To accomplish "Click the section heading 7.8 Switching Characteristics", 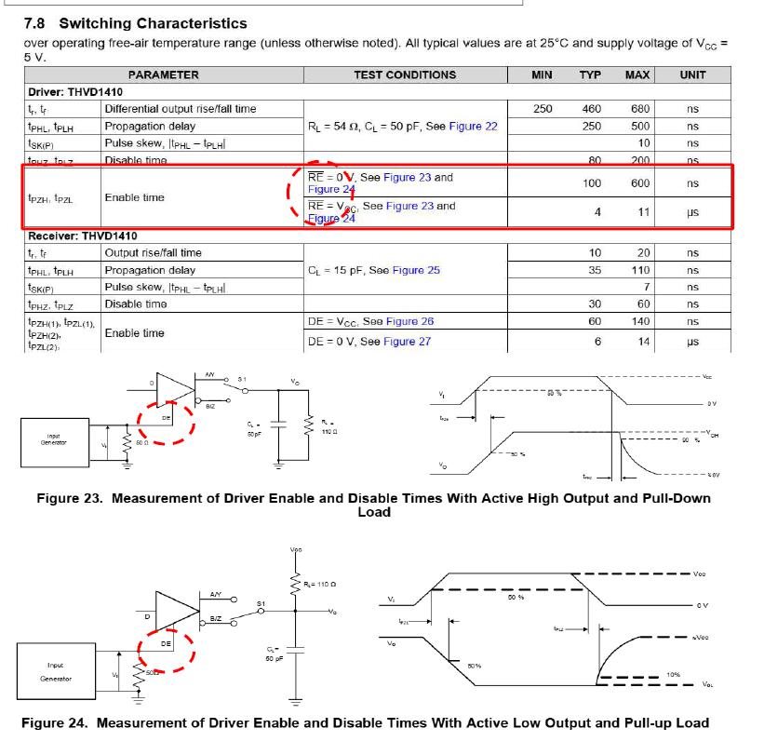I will tap(135, 23).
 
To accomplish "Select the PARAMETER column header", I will tap(163, 74).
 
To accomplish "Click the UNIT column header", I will tap(692, 74).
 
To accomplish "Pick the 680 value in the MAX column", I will tap(639, 109).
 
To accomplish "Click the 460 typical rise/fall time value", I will tap(591, 109).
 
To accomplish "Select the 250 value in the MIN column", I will tap(543, 109).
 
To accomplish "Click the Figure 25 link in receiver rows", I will tap(416, 270).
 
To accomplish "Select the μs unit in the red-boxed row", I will tap(692, 212).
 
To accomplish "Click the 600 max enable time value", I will tap(639, 183).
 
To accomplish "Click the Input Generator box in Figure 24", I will tap(56, 671).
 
